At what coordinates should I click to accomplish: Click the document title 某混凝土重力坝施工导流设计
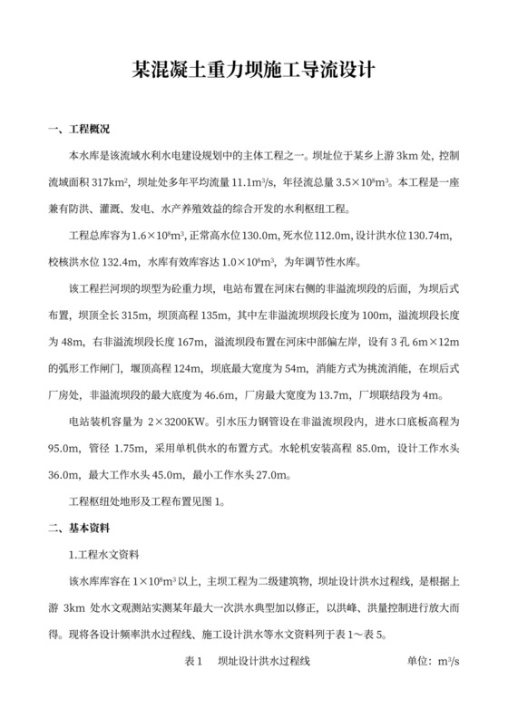[253, 70]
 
